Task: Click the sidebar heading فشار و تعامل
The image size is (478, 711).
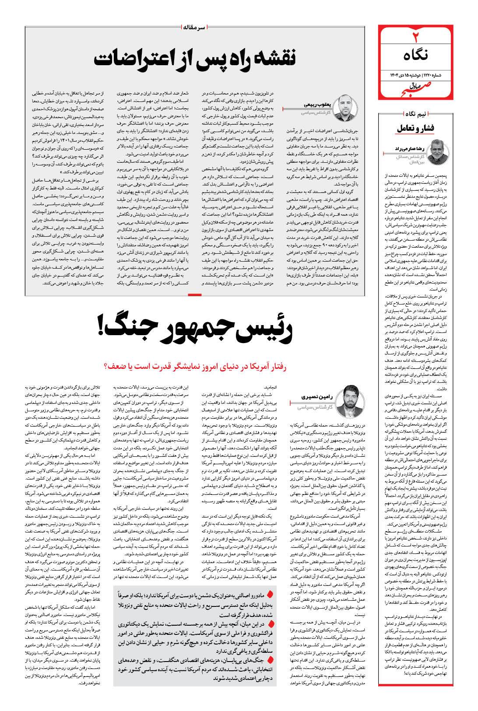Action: point(417,129)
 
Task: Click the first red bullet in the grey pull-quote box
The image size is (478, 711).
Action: point(270,594)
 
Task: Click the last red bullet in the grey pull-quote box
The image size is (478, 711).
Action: point(270,659)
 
